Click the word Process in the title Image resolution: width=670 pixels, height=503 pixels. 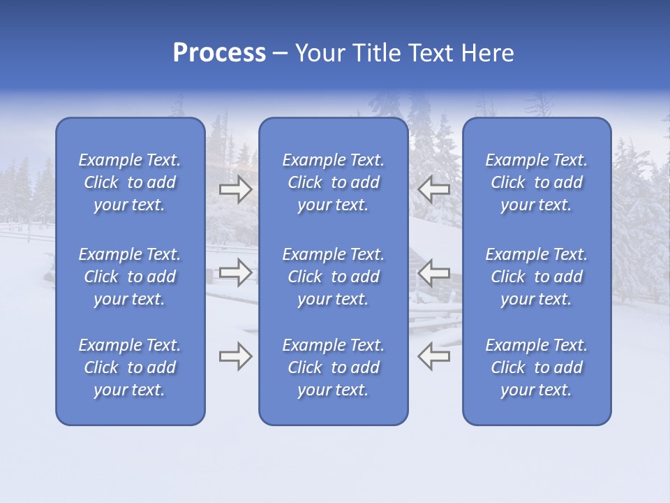point(219,53)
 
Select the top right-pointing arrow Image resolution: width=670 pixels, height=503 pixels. point(235,189)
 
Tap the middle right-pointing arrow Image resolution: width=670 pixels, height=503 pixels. point(235,272)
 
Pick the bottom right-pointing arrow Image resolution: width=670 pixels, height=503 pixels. point(235,356)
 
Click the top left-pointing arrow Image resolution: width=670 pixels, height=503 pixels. point(433,189)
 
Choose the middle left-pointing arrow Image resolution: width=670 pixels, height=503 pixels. point(433,272)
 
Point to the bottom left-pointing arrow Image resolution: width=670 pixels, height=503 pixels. point(433,356)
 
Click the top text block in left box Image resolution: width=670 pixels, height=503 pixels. point(130,182)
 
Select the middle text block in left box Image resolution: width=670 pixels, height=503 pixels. point(130,277)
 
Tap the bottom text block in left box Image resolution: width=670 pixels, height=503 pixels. point(130,367)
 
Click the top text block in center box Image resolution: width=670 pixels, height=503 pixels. point(334,182)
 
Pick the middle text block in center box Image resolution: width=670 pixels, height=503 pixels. point(334,277)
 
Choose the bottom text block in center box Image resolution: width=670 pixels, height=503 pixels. point(334,367)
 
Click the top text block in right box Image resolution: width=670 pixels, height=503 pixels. point(537,182)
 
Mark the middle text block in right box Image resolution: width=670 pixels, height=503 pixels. point(537,277)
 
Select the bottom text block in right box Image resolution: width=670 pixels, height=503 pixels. point(537,367)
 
